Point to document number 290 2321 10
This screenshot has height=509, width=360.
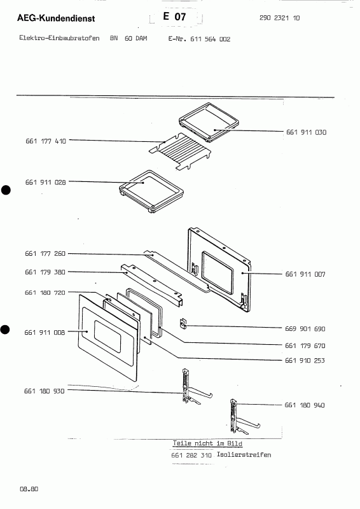coord(280,18)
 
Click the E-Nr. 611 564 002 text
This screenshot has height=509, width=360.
coord(199,39)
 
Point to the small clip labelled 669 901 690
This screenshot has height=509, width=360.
coord(183,324)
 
